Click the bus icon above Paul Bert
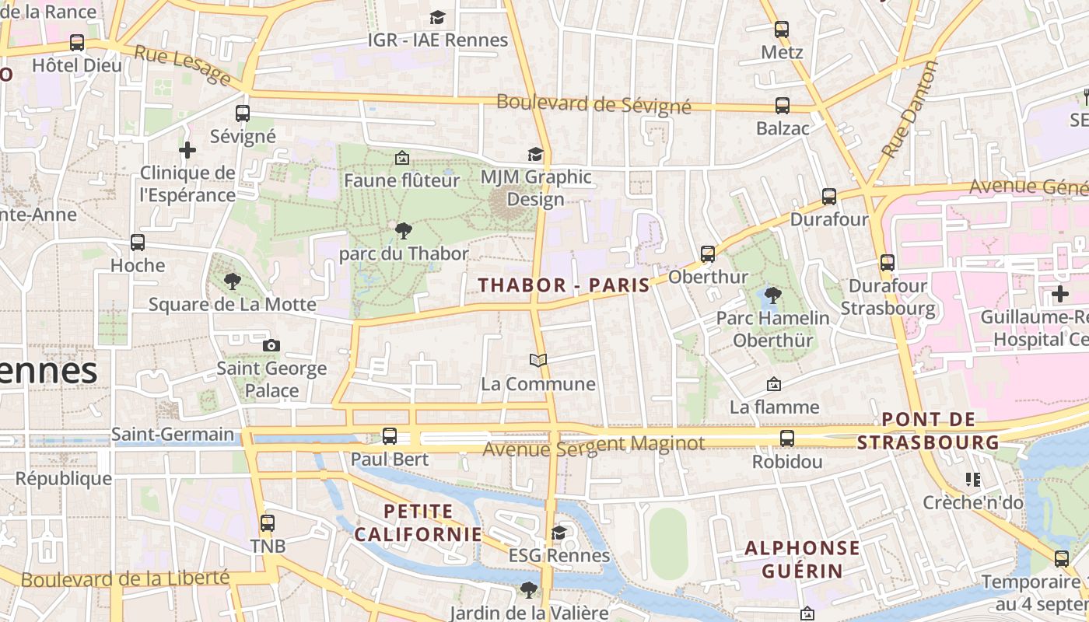[x=390, y=436]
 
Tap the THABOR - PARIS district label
[x=564, y=285]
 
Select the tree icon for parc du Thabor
[x=403, y=230]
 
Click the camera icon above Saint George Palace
[x=271, y=345]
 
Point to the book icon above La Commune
[x=538, y=360]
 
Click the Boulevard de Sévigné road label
[x=594, y=103]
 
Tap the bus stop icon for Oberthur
[x=708, y=253]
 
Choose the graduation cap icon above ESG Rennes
[x=559, y=533]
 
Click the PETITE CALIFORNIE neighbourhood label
[x=418, y=522]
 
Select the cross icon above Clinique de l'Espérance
[x=187, y=149]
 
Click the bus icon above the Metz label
[x=782, y=30]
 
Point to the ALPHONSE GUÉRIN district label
[x=803, y=559]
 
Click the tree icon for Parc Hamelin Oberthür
[x=772, y=295]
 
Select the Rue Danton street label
[x=909, y=110]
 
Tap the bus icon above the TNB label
[x=268, y=522]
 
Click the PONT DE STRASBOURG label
[x=928, y=431]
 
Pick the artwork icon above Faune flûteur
[x=402, y=158]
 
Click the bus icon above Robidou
[x=787, y=439]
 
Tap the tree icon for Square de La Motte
[x=232, y=281]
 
